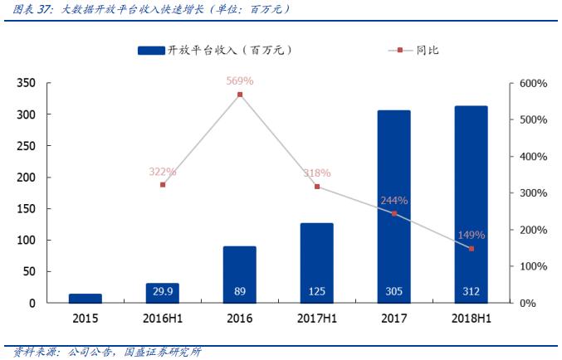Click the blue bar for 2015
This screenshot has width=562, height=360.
tap(85, 298)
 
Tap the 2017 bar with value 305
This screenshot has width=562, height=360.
tap(393, 207)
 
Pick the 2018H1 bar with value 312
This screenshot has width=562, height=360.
tap(471, 204)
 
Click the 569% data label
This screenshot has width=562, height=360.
tap(240, 81)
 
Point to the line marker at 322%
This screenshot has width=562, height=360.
tap(163, 184)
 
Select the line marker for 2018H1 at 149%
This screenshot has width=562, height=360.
tap(471, 248)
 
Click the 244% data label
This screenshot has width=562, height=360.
tap(393, 201)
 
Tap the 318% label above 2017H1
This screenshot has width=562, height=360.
tap(316, 173)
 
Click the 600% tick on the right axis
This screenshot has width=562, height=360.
tap(532, 84)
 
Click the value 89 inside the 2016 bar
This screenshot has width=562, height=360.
tap(240, 291)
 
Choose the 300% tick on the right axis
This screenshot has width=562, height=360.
tap(532, 193)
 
